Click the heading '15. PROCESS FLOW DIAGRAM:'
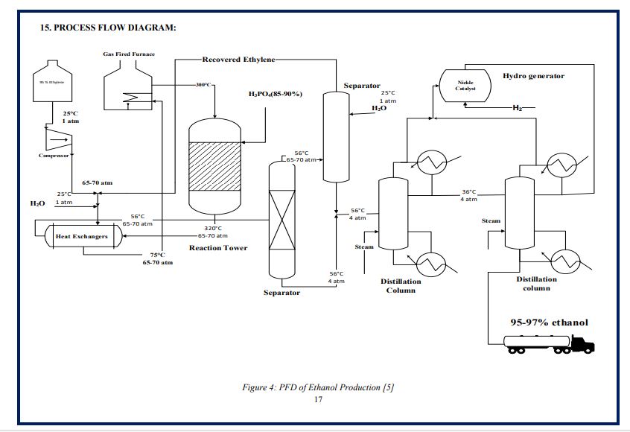(108, 28)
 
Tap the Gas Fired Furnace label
(129, 54)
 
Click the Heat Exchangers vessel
(82, 236)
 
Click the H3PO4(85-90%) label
(275, 95)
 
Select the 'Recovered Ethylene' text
(238, 60)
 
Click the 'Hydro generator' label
(533, 76)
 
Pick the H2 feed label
(517, 109)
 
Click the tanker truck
(550, 343)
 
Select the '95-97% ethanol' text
(548, 323)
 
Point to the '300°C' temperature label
(204, 86)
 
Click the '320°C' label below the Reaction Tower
(214, 229)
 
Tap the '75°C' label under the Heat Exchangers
(157, 255)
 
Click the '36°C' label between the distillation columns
(468, 192)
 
